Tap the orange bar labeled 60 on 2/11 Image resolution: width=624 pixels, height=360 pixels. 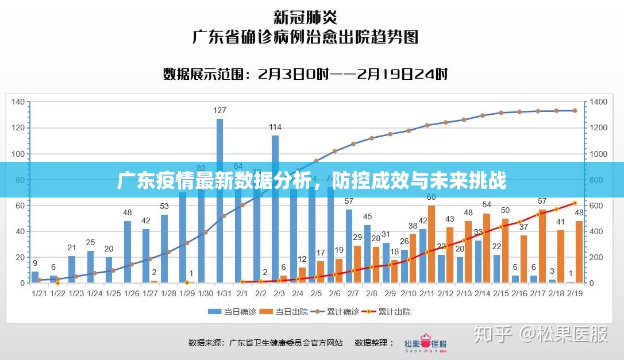tap(432, 244)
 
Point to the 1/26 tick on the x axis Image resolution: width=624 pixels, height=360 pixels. tap(132, 293)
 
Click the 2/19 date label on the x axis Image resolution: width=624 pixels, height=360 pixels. tap(575, 293)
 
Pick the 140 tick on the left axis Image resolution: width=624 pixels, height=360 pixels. tap(18, 102)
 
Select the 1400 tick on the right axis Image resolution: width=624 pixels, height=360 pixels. tap(598, 102)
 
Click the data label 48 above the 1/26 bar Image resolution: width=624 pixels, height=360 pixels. tap(128, 212)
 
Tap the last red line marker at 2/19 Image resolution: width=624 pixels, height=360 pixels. tap(575, 203)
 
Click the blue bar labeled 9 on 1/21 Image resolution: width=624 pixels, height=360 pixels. tap(35, 277)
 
